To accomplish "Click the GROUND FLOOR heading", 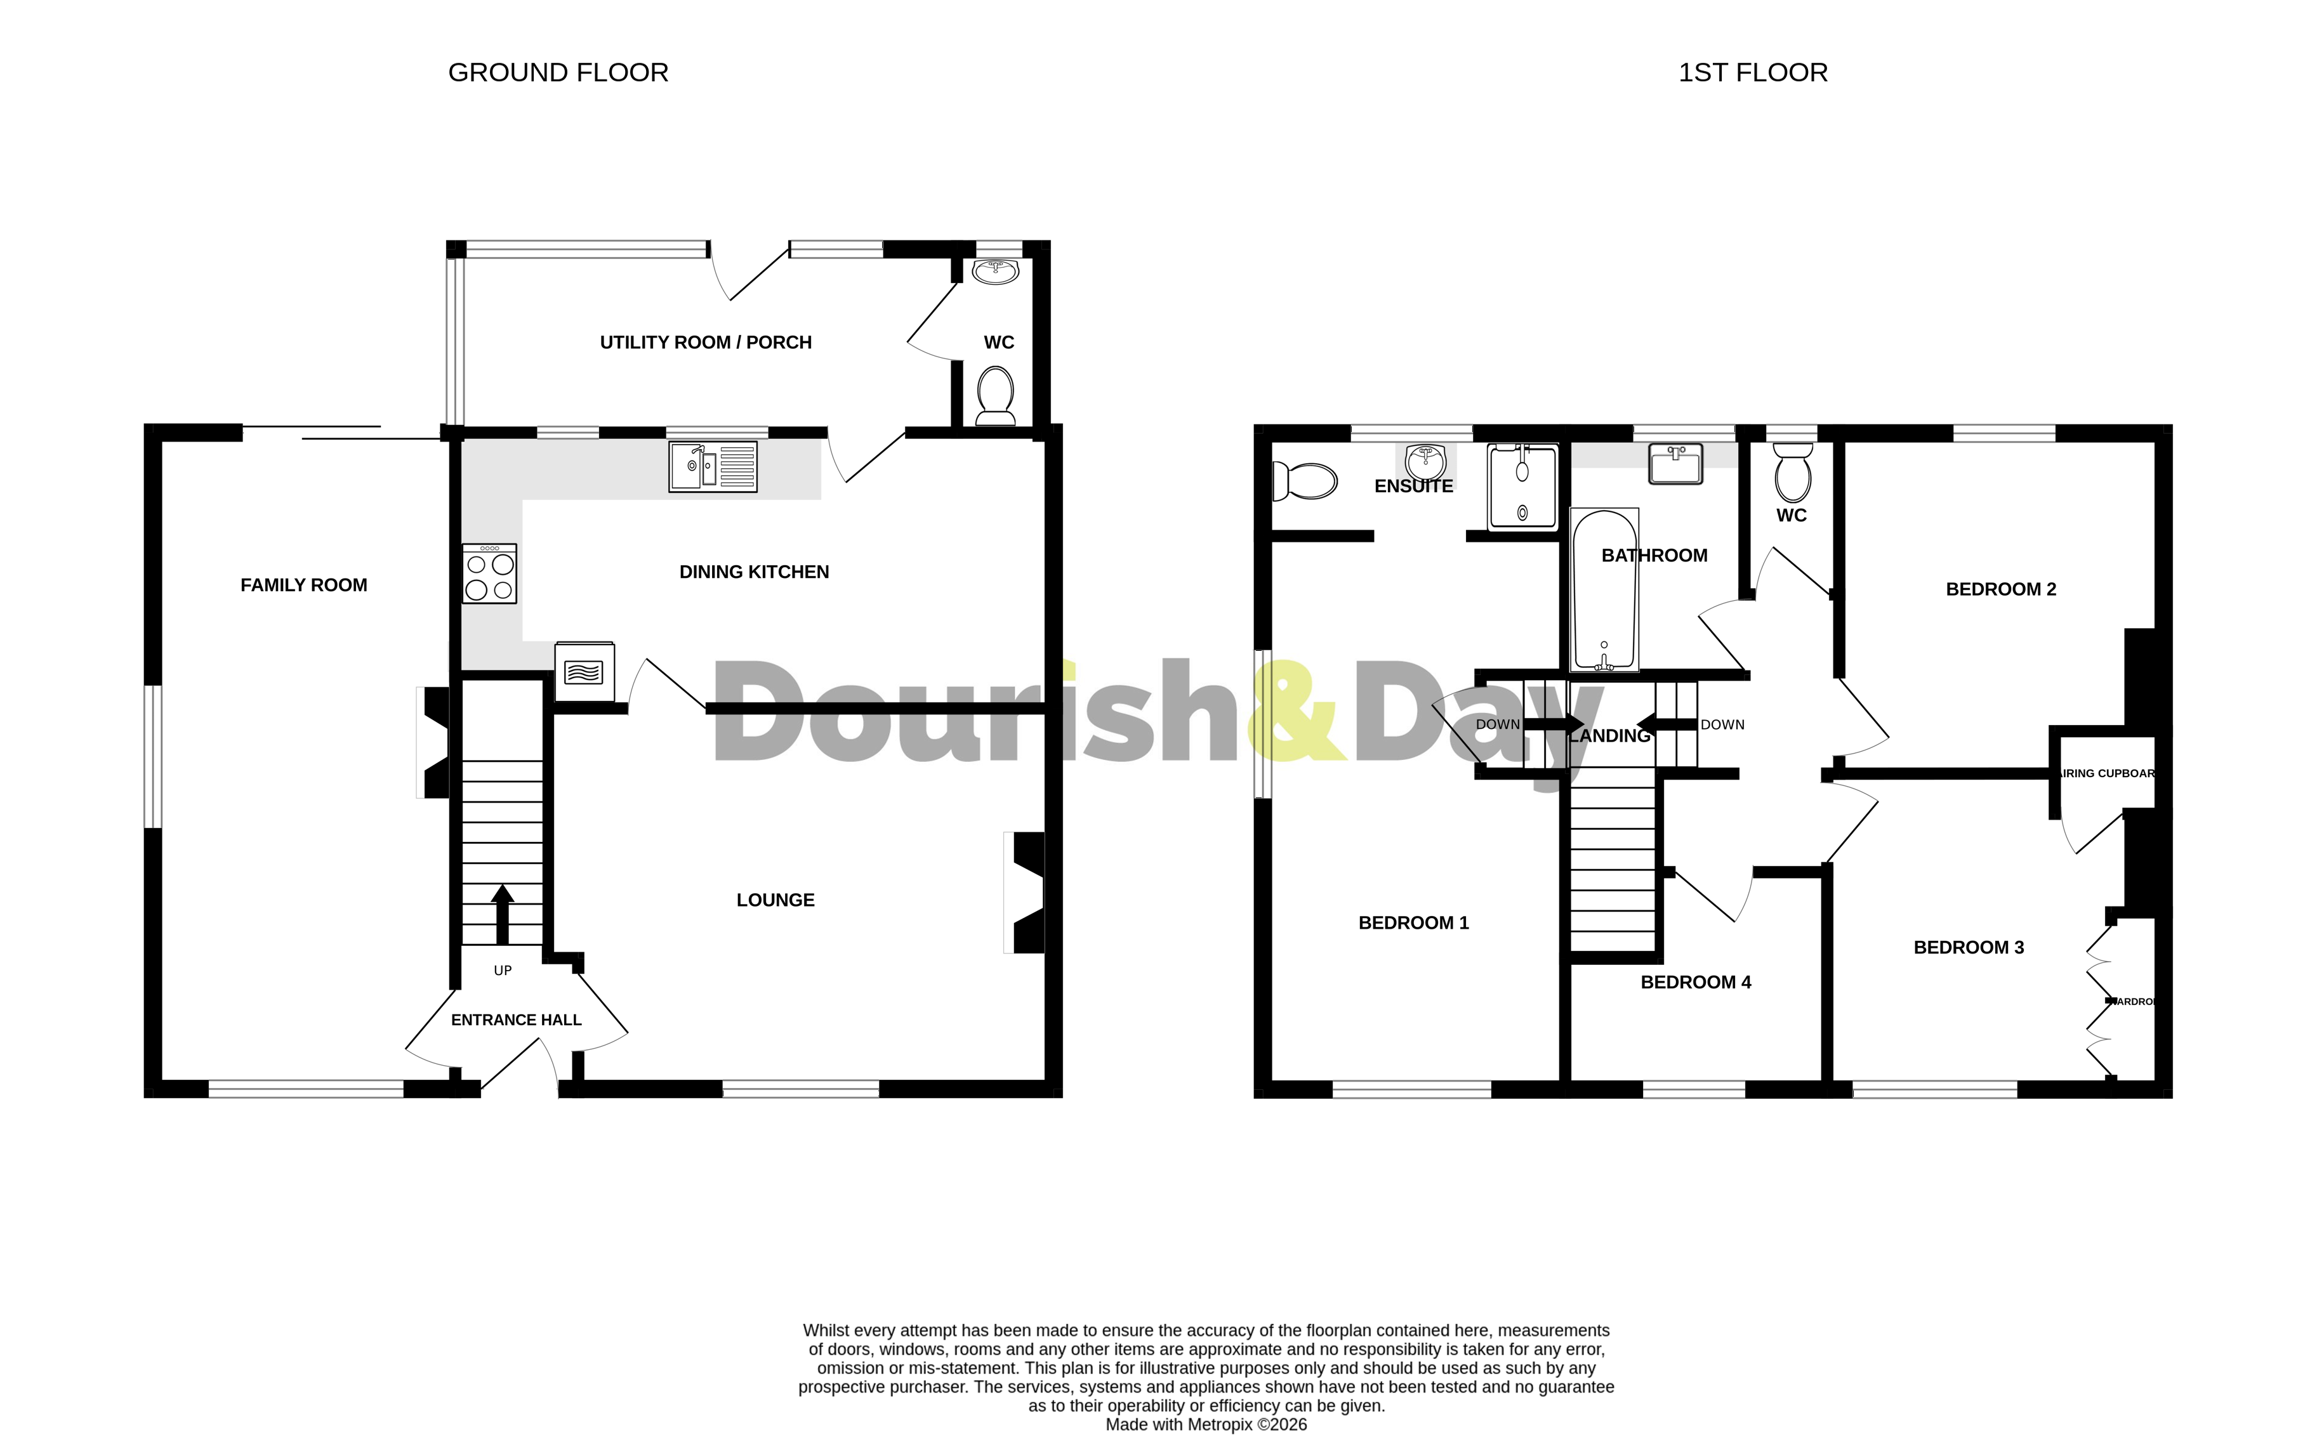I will point(558,72).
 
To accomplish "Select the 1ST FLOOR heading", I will point(1752,72).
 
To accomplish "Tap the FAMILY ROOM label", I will point(304,586).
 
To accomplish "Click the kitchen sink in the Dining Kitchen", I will point(713,466).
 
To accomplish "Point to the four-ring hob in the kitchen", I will point(490,574).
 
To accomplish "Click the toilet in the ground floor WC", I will point(994,396).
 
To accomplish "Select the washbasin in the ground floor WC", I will point(994,272).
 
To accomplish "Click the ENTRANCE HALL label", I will point(515,1020).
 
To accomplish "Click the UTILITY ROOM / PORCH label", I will point(705,343).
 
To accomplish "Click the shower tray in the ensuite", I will point(1522,487).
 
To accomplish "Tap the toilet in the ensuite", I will point(1305,481).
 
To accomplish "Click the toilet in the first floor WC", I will point(1792,475).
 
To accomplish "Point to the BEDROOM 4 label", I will point(1695,982).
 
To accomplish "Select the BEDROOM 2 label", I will point(2000,589).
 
